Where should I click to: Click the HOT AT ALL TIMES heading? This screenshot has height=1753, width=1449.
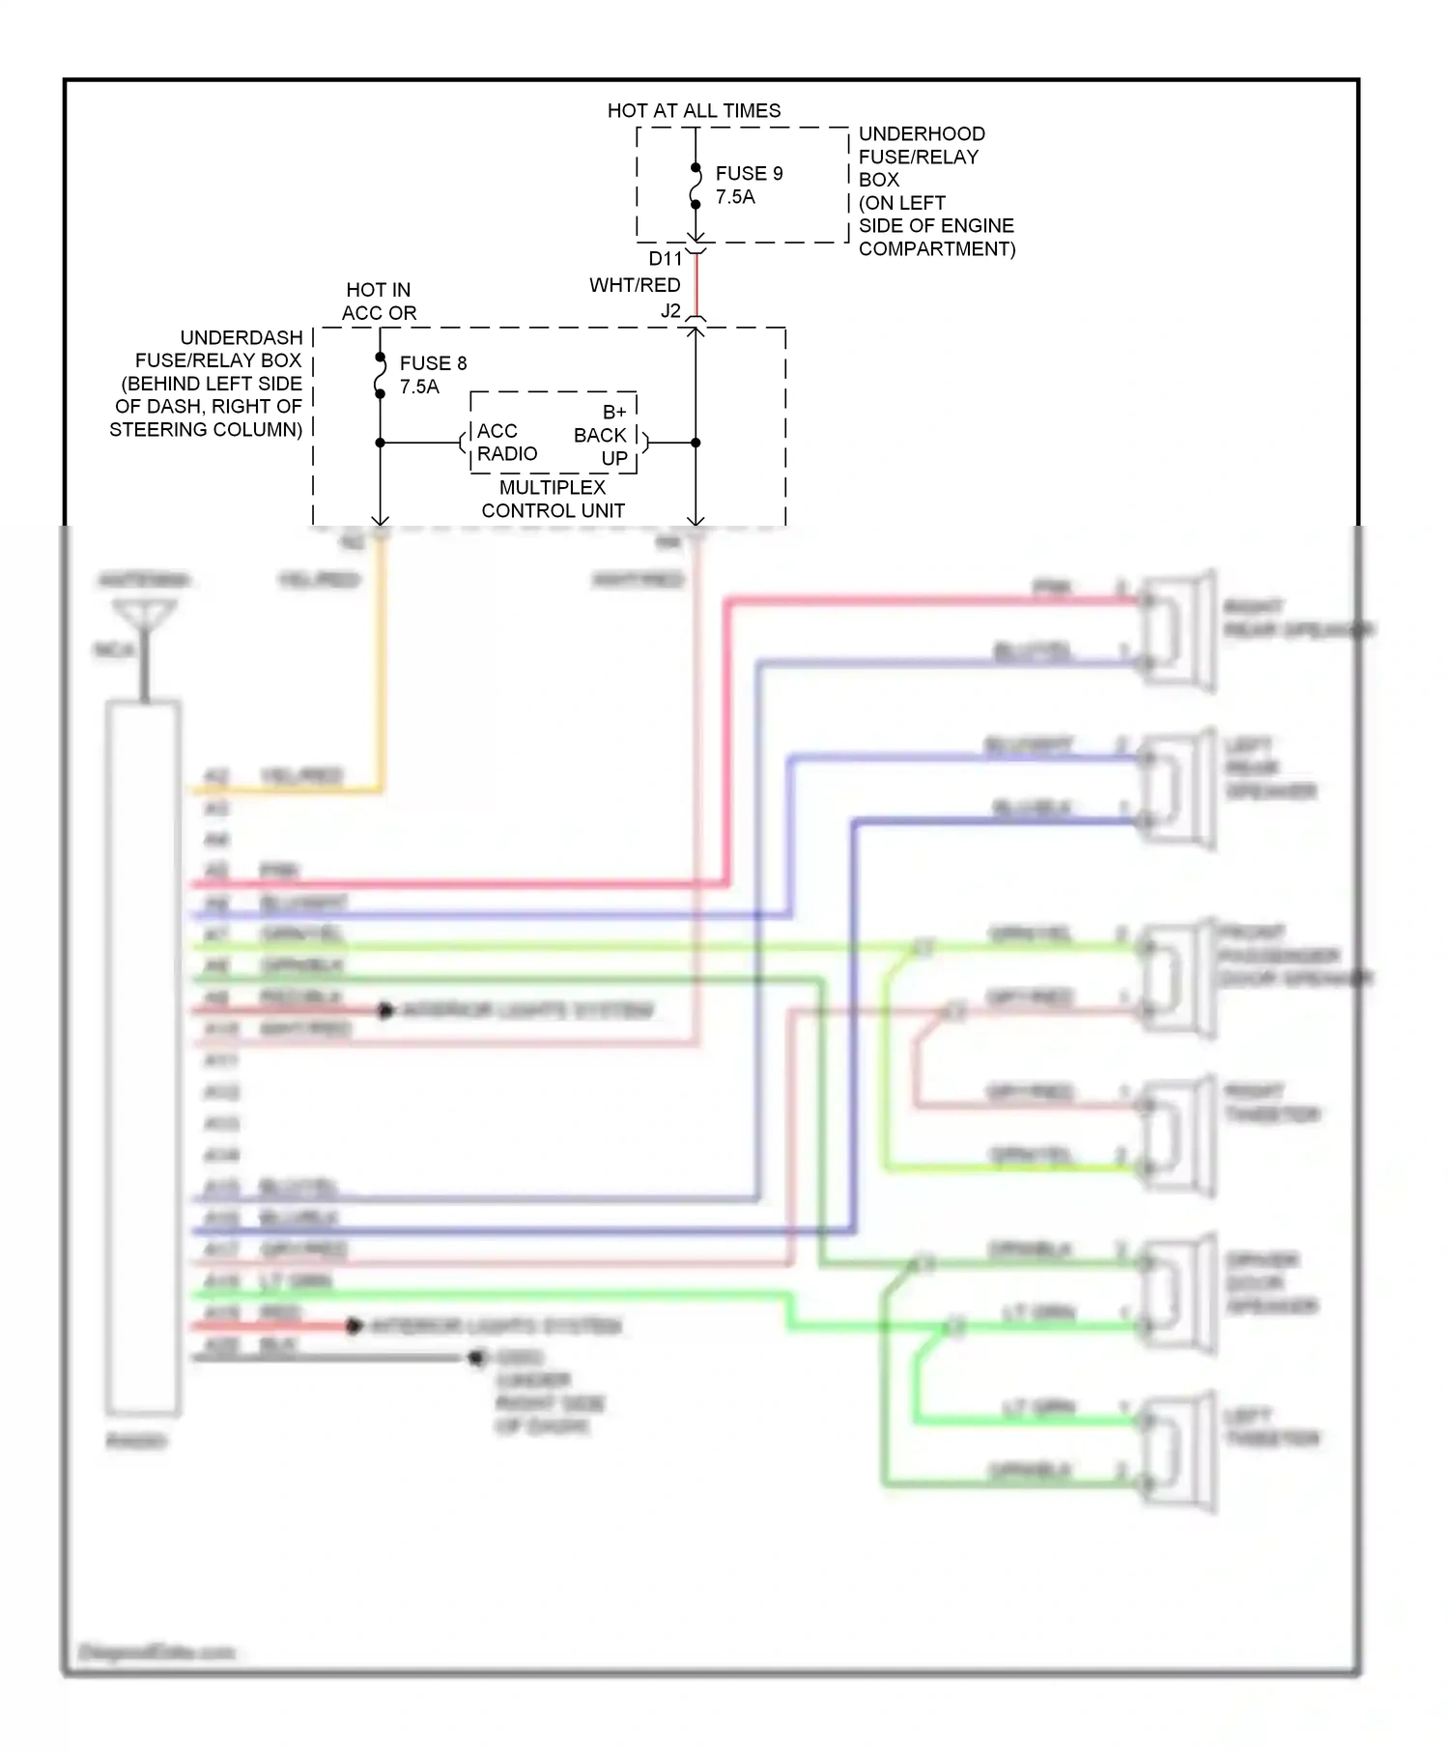pos(694,111)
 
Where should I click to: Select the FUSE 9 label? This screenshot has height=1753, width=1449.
pos(749,174)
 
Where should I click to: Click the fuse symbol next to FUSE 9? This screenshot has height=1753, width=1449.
pos(696,187)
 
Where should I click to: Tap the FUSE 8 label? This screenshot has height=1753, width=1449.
pos(433,363)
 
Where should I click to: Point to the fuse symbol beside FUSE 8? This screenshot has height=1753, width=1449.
pos(380,376)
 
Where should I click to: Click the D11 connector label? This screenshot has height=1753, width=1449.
pos(665,259)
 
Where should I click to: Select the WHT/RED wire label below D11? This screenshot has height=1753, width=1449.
pos(635,285)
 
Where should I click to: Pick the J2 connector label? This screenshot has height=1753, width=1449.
pos(670,311)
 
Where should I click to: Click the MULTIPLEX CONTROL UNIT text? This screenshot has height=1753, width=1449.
pos(553,499)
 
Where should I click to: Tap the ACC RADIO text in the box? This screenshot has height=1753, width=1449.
pos(506,443)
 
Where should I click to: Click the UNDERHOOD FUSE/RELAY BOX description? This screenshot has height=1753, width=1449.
pos(935,191)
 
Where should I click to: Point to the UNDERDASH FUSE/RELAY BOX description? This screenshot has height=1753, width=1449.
pos(208,384)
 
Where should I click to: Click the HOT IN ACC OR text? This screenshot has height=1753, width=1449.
pos(379,302)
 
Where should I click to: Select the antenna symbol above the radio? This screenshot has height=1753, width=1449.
pos(144,618)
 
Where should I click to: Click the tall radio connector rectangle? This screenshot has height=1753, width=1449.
pos(143,1057)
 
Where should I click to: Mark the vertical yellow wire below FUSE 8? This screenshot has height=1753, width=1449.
pos(381,667)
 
